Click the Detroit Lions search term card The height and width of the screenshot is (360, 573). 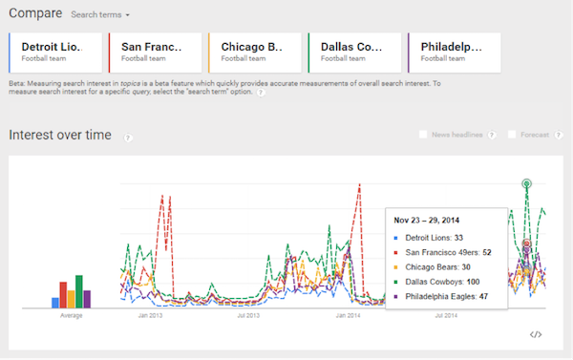pos(53,52)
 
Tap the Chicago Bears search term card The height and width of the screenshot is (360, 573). pos(254,52)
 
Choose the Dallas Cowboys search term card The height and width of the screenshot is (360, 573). pos(353,52)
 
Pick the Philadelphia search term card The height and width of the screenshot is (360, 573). pos(453,52)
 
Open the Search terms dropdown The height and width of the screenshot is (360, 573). pos(101,15)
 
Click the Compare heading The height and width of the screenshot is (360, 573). pos(35,14)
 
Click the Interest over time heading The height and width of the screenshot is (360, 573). pos(60,135)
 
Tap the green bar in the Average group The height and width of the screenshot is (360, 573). pos(78,291)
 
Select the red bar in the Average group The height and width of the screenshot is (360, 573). pos(63,294)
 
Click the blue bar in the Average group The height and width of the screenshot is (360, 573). pos(55,303)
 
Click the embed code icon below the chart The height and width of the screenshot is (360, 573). pos(536,334)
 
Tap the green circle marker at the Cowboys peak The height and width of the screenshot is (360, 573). pos(525,182)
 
